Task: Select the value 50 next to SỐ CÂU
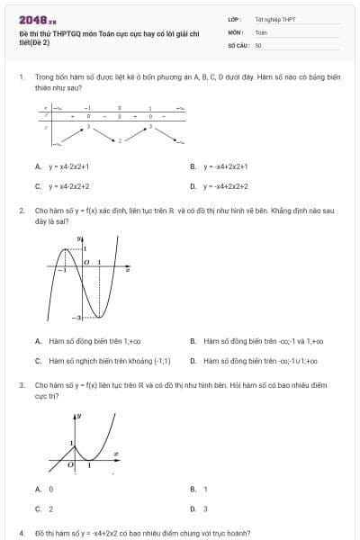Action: (258, 44)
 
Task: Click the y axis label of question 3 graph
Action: (79, 416)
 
